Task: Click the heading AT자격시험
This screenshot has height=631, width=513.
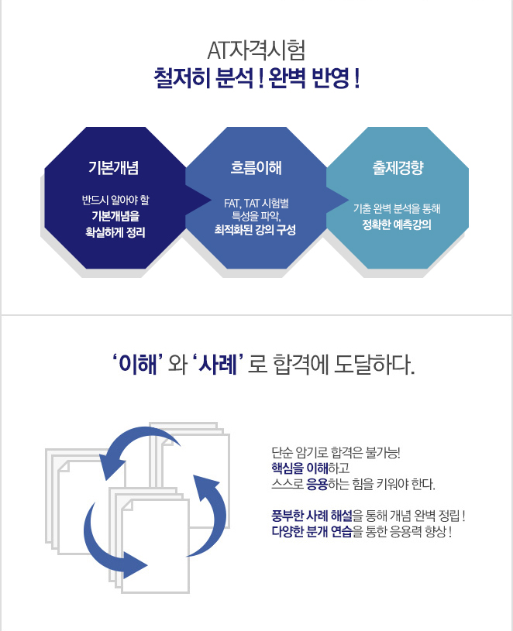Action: (256, 50)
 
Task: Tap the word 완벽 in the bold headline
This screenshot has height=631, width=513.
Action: (286, 78)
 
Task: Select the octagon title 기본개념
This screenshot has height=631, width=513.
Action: (114, 167)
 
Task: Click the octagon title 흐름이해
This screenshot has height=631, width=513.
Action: (256, 167)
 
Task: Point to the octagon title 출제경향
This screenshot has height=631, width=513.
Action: (398, 167)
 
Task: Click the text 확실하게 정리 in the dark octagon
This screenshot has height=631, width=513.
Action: (115, 232)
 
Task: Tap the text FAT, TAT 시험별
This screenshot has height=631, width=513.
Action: (256, 203)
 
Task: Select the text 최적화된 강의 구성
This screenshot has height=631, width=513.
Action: (255, 230)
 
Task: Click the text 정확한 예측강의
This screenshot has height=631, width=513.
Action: (397, 225)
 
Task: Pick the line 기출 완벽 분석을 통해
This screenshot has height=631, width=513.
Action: (397, 208)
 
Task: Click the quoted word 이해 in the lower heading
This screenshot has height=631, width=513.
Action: (138, 364)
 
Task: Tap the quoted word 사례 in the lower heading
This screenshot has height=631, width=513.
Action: (218, 364)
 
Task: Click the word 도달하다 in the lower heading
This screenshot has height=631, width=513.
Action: (374, 364)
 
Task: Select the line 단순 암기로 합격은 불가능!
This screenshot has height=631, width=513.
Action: (336, 453)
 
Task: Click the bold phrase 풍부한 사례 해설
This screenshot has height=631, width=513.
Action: (312, 516)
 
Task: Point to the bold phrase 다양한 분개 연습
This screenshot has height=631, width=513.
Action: (312, 531)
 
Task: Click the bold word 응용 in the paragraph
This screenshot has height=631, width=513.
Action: (317, 484)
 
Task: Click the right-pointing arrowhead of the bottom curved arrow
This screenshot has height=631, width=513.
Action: (135, 565)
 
